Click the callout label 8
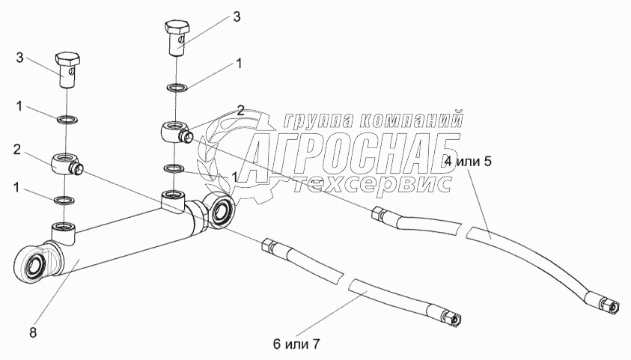pyautogui.click(x=33, y=332)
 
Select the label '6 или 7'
pyautogui.click(x=296, y=344)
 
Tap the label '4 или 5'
pyautogui.click(x=468, y=162)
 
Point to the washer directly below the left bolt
pyautogui.click(x=67, y=119)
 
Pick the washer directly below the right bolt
pyautogui.click(x=176, y=88)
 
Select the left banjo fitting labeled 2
pyautogui.click(x=66, y=163)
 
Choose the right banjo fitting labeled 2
pyautogui.click(x=176, y=132)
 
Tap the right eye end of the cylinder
pyautogui.click(x=218, y=210)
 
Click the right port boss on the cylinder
pyautogui.click(x=173, y=201)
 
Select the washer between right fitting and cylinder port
pyautogui.click(x=174, y=168)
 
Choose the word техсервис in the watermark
pyautogui.click(x=372, y=184)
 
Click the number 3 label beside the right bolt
pyautogui.click(x=237, y=17)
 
